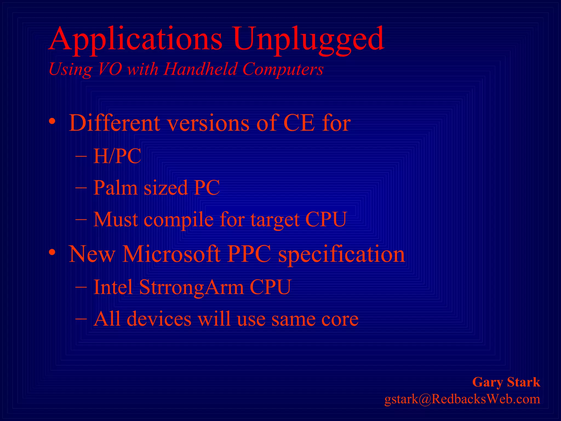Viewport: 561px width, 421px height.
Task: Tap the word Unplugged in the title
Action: (308, 40)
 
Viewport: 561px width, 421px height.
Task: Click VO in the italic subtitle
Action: (110, 69)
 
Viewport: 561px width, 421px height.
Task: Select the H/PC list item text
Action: (117, 156)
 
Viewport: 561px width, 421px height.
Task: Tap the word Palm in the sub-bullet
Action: (115, 188)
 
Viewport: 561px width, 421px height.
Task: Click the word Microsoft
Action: (171, 254)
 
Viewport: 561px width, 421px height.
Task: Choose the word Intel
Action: (113, 287)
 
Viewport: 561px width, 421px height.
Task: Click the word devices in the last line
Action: (159, 319)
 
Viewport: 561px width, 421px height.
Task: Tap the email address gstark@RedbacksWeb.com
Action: (462, 399)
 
